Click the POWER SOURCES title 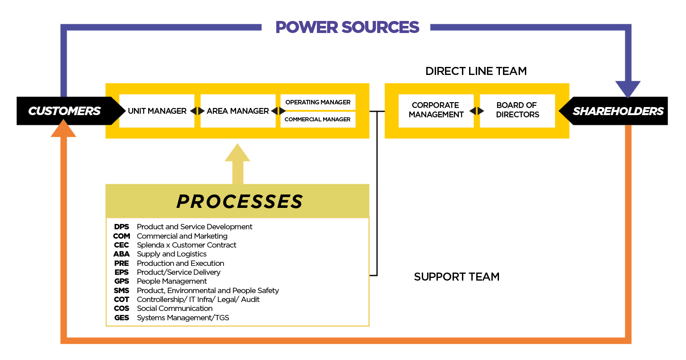click(x=347, y=27)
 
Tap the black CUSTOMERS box click(x=65, y=111)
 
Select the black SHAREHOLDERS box click(x=618, y=111)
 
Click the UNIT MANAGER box click(x=157, y=111)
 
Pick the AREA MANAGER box click(x=238, y=111)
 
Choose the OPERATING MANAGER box click(x=318, y=102)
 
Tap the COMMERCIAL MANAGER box click(x=318, y=119)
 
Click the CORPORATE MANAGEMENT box click(x=436, y=110)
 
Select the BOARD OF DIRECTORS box click(x=517, y=110)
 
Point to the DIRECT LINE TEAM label click(x=476, y=71)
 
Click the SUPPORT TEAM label click(x=457, y=277)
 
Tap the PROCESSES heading click(x=240, y=202)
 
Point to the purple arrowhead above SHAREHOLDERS click(x=628, y=88)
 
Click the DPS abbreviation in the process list click(x=121, y=227)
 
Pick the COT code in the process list click(x=121, y=299)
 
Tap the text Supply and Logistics click(x=171, y=254)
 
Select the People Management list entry click(x=171, y=281)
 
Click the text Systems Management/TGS click(x=183, y=318)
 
